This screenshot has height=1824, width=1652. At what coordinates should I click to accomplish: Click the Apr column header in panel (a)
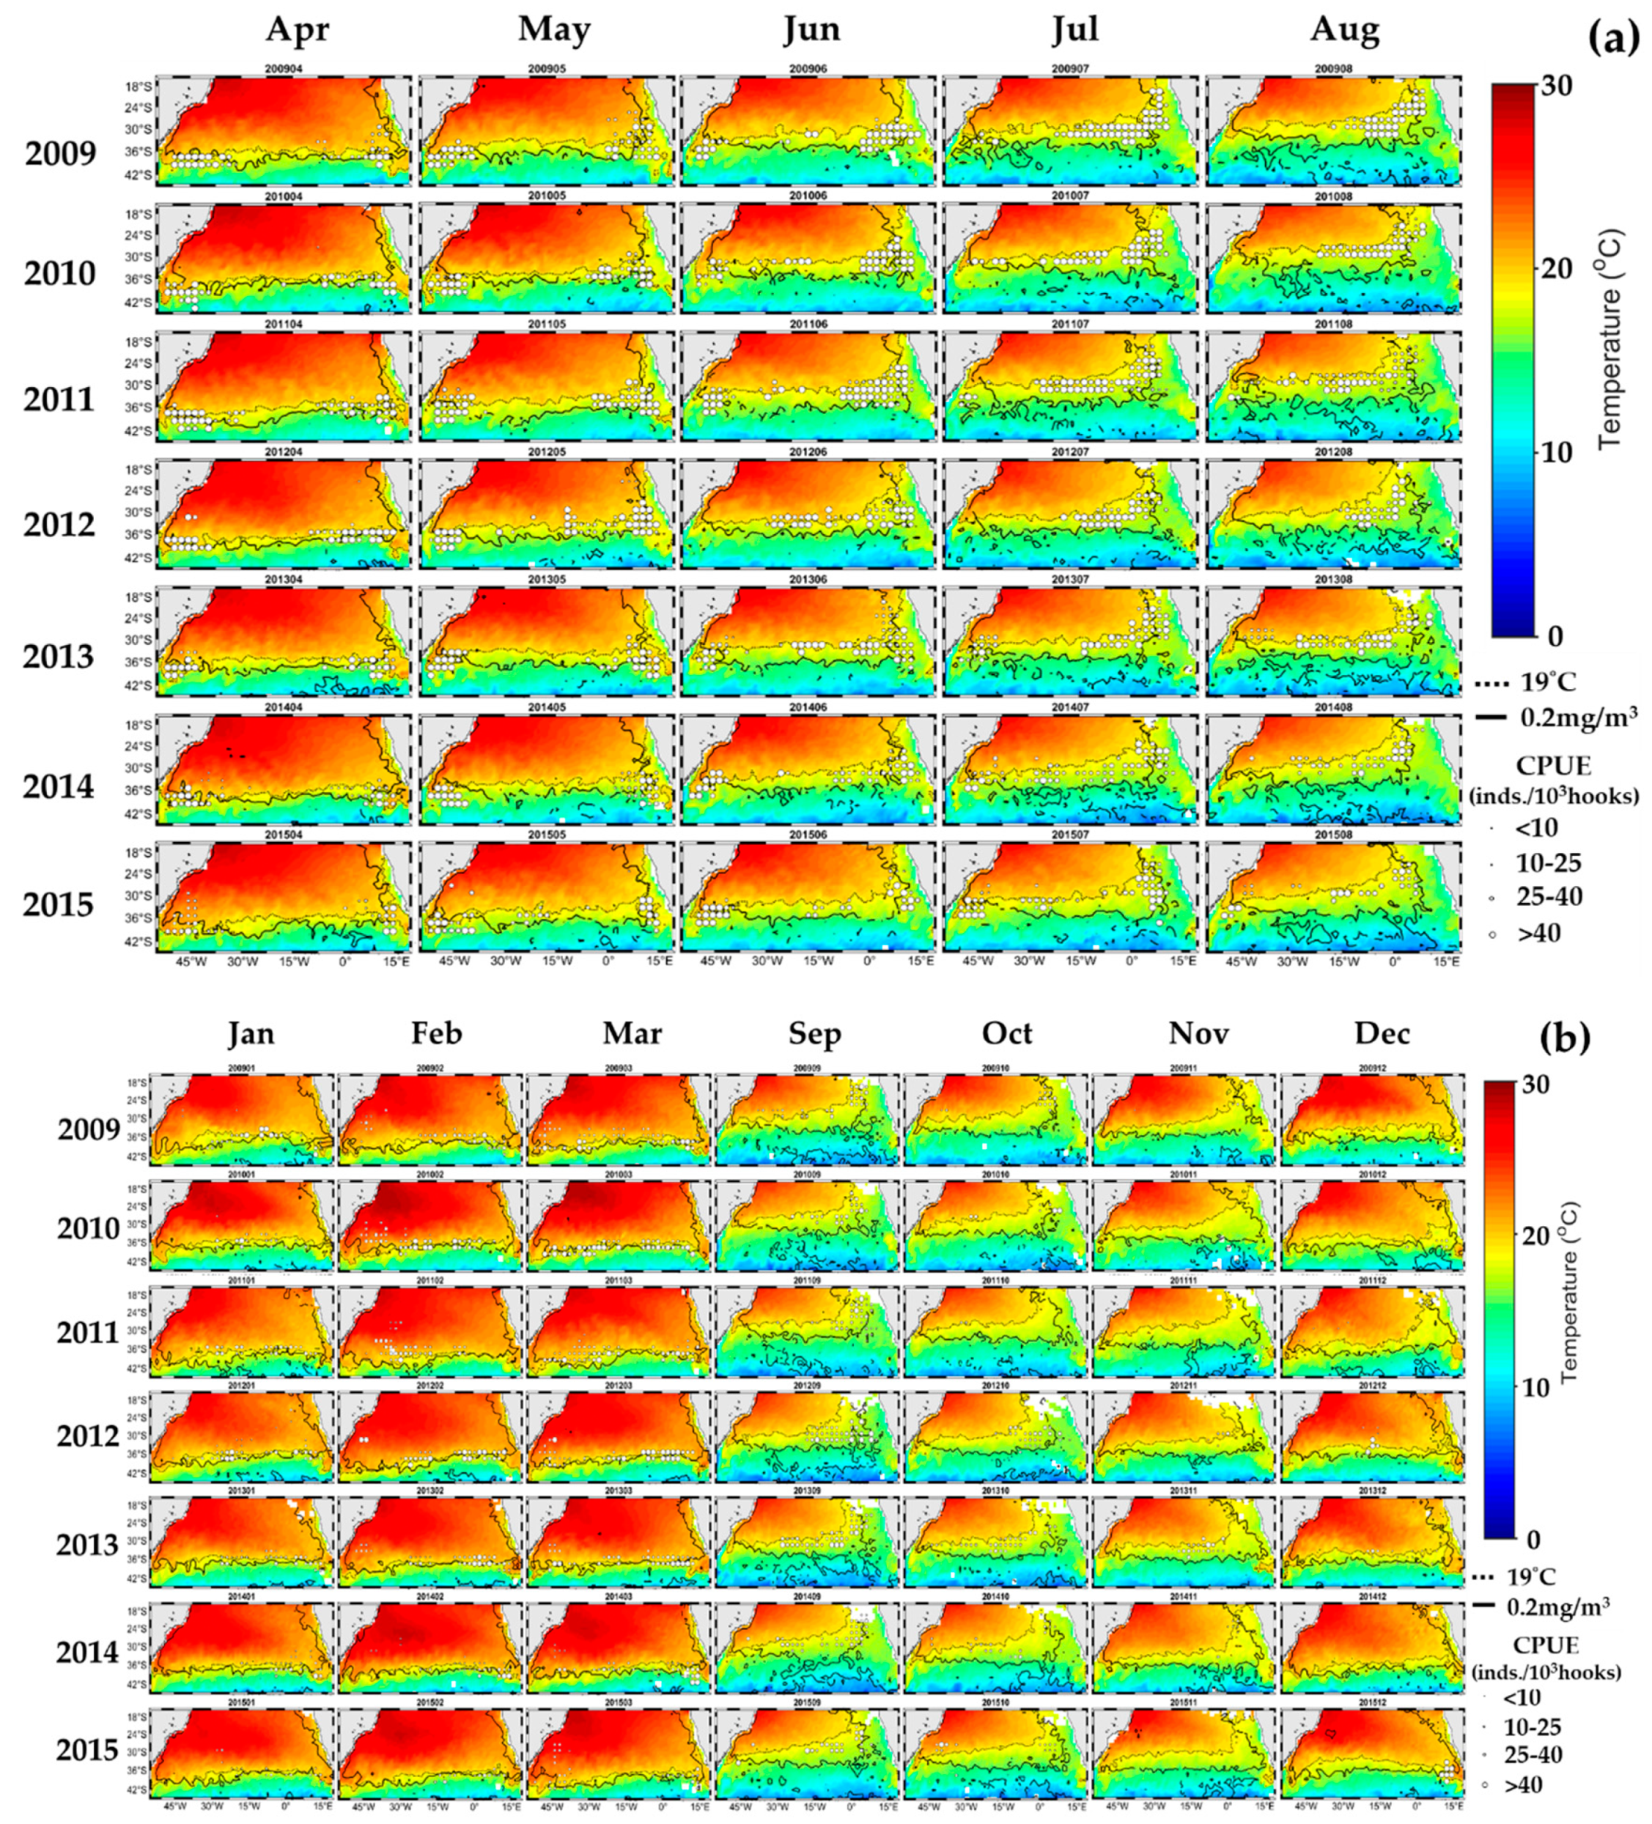click(x=297, y=29)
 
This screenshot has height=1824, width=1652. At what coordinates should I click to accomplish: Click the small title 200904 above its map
click(x=282, y=69)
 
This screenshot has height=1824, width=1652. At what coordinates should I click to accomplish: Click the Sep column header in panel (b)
click(x=814, y=1033)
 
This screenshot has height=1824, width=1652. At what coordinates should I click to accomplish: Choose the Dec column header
click(x=1382, y=1033)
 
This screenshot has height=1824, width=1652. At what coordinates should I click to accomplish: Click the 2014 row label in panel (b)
click(x=88, y=1652)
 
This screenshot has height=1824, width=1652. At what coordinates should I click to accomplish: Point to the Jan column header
click(x=251, y=1033)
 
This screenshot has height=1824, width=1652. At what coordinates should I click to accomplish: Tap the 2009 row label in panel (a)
click(x=59, y=154)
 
